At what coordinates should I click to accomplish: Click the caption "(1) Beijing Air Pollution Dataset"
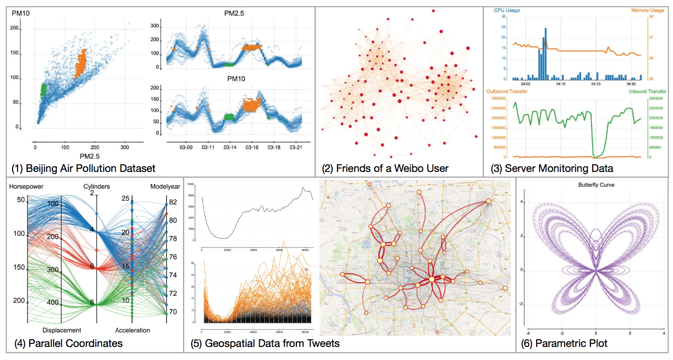(x=83, y=168)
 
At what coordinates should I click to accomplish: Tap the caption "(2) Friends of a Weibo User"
(x=385, y=168)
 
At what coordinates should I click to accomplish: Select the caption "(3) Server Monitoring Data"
(x=552, y=168)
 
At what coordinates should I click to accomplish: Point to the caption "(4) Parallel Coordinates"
(x=68, y=343)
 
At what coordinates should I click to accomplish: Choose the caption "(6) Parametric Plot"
(x=564, y=343)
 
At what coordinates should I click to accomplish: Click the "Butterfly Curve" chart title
(x=596, y=185)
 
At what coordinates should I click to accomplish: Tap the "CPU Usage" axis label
(x=506, y=10)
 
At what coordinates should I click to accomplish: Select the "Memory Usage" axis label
(x=647, y=10)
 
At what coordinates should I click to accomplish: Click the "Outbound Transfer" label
(x=506, y=91)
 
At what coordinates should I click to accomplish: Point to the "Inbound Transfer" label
(x=647, y=91)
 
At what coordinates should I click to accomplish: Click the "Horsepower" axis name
(x=26, y=187)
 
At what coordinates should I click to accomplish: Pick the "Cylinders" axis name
(x=96, y=187)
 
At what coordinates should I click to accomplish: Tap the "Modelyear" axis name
(x=165, y=187)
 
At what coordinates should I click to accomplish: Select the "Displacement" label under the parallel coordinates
(x=62, y=330)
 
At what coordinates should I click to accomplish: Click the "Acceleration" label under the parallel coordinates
(x=132, y=330)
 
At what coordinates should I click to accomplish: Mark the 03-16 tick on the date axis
(x=252, y=147)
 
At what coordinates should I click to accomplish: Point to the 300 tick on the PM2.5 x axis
(x=125, y=147)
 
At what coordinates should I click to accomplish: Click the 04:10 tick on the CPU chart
(x=561, y=84)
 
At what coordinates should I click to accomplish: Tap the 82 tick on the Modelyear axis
(x=173, y=202)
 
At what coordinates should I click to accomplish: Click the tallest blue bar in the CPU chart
(x=546, y=54)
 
